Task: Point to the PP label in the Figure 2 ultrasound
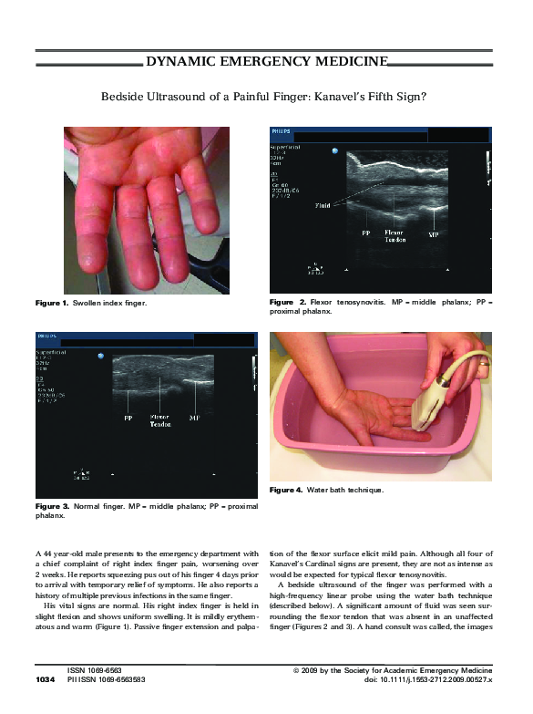click(364, 233)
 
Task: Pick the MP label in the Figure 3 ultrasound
click(194, 419)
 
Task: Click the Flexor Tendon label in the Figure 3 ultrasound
click(160, 422)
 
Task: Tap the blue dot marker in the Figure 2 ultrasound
click(335, 150)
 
